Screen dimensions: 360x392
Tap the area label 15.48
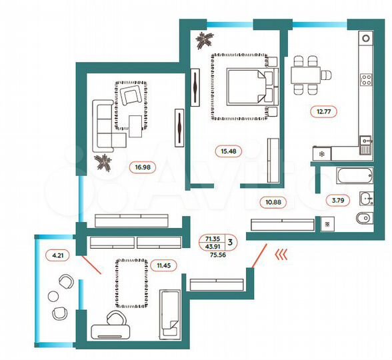click(229, 151)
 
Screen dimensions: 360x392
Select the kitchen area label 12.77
click(323, 111)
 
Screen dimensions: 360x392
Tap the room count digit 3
click(230, 243)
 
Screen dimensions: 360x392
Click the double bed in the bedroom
click(247, 87)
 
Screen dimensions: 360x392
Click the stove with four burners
click(366, 81)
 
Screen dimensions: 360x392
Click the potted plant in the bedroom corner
click(202, 42)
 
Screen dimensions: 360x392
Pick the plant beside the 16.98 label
click(103, 162)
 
